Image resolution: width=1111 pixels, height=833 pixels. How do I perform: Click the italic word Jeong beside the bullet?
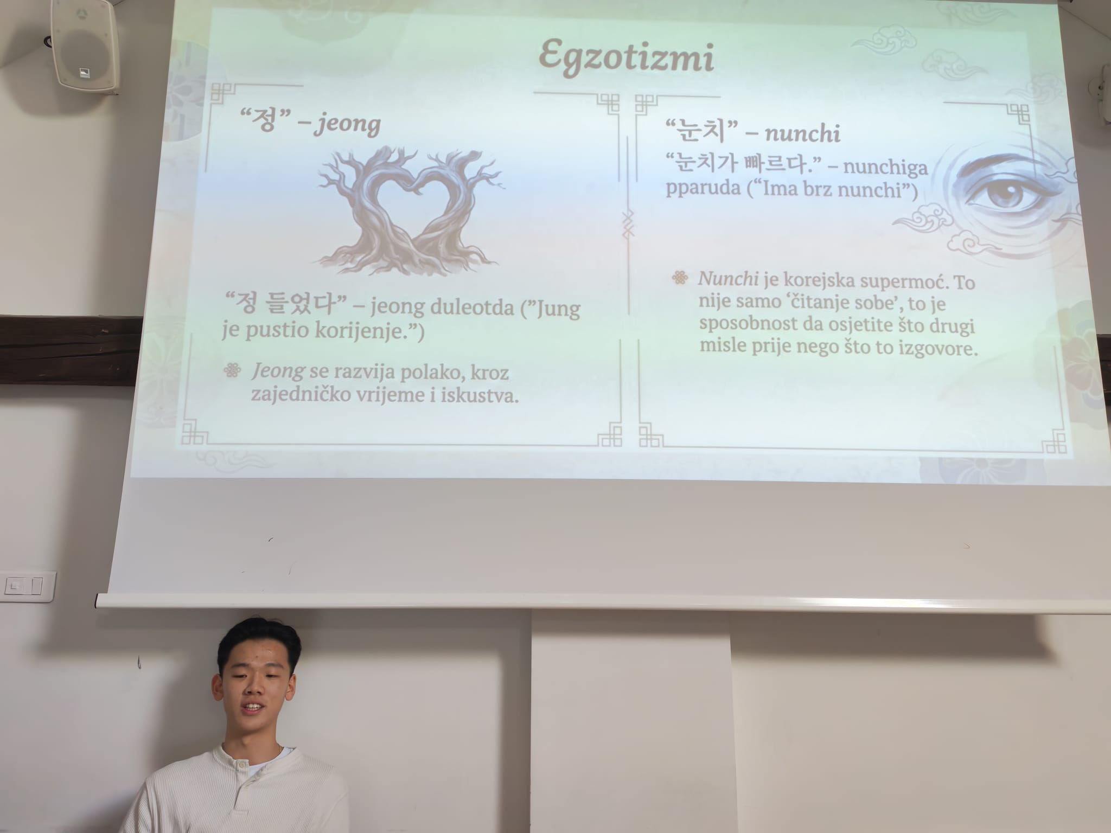[277, 371]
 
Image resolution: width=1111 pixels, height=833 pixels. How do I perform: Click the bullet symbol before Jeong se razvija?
[232, 371]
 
